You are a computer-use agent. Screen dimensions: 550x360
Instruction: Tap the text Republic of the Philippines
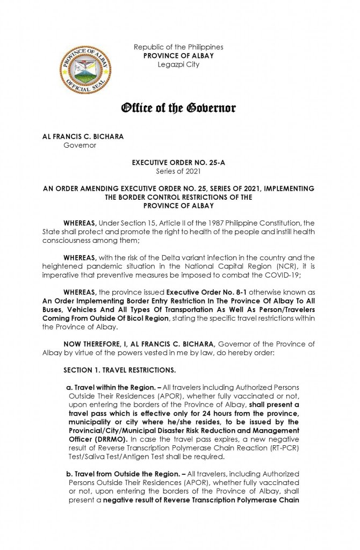(x=178, y=47)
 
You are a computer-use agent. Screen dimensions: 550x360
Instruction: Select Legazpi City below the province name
(x=178, y=64)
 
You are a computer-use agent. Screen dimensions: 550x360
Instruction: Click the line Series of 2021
(x=178, y=171)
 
